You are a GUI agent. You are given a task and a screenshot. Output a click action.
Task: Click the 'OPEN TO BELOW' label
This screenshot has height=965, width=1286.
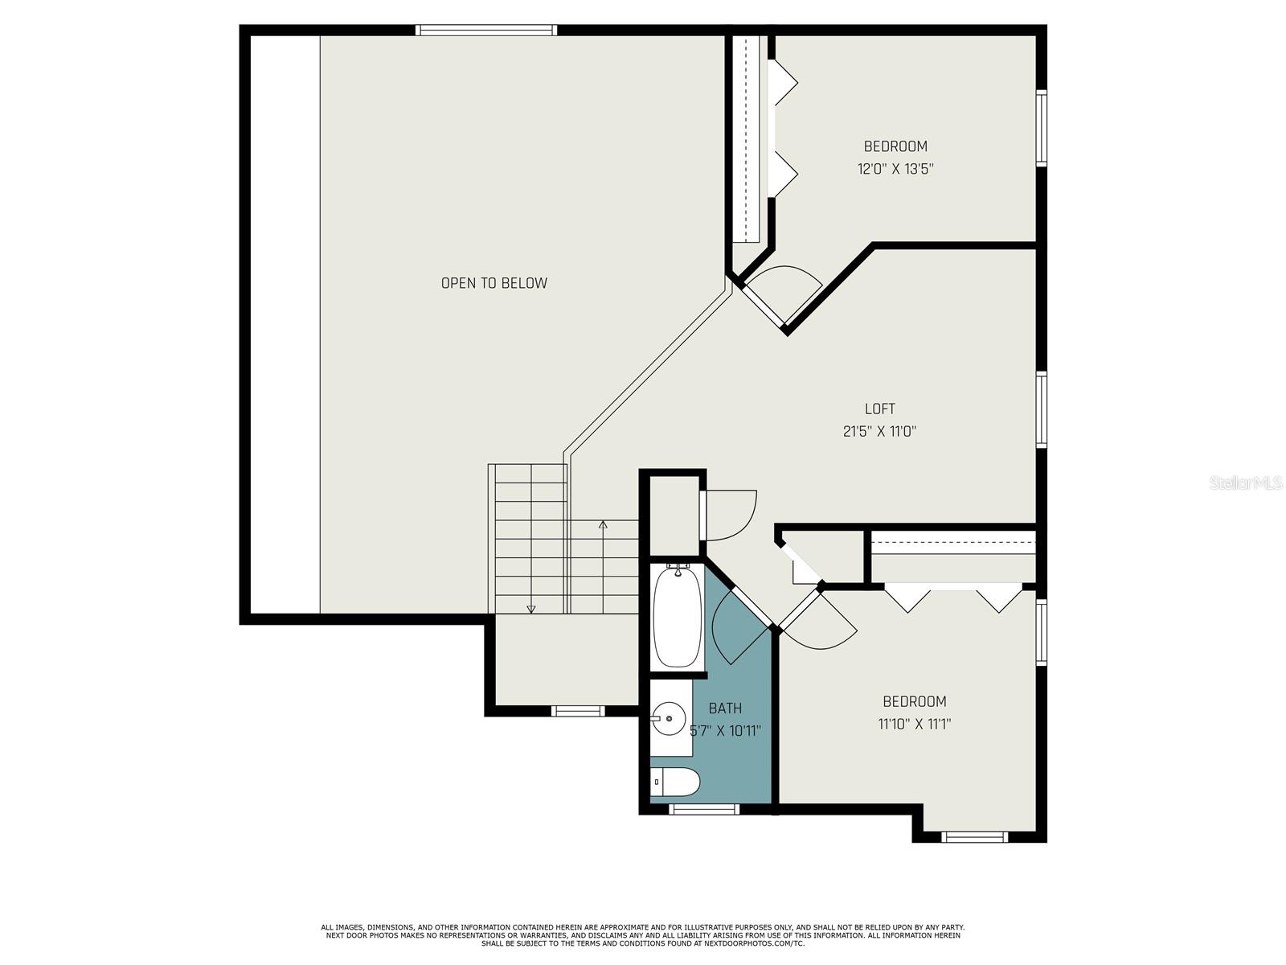494,283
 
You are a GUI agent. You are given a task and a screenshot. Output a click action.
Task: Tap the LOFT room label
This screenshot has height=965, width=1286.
879,409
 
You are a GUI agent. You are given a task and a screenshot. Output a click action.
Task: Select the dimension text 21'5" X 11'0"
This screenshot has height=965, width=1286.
879,432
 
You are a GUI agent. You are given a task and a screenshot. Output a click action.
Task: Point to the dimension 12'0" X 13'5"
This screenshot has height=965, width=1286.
895,170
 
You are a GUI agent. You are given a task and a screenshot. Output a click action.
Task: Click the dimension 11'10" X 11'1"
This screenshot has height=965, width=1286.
914,725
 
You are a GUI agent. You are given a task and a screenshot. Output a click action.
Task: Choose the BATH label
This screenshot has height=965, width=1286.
725,708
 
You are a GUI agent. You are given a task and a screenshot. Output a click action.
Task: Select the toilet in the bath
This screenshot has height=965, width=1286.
675,782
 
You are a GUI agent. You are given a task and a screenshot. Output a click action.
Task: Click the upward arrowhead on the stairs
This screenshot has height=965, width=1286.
603,524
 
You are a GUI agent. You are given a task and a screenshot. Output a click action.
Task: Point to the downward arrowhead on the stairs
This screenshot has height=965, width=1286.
530,610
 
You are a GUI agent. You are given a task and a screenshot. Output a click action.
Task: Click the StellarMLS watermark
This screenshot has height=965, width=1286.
1246,482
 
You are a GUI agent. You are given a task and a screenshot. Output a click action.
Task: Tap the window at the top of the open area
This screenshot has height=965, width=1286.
486,30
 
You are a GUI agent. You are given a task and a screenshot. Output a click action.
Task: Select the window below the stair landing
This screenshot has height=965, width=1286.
577,711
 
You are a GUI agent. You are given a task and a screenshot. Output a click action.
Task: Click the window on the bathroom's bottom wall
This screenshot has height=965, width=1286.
703,809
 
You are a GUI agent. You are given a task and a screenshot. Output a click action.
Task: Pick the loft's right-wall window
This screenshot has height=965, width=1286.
1041,409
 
